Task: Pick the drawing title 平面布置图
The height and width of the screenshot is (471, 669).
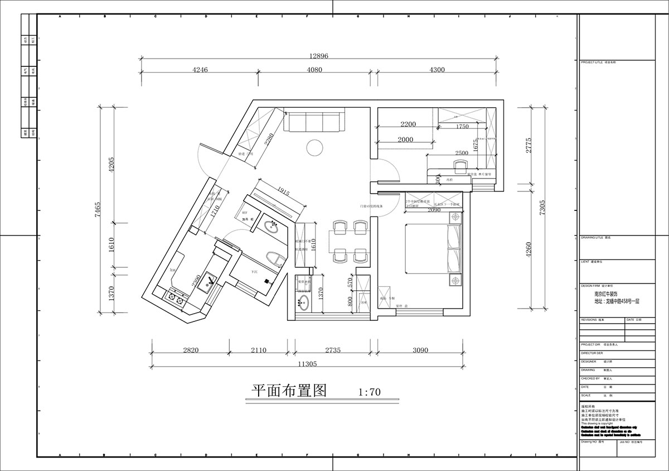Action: (288, 390)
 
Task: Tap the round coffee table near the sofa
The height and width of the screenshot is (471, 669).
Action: (314, 147)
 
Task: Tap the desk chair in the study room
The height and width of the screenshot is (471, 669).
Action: (460, 166)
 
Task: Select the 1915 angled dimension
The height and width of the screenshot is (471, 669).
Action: (283, 192)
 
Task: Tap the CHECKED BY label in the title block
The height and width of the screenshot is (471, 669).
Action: (592, 378)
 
